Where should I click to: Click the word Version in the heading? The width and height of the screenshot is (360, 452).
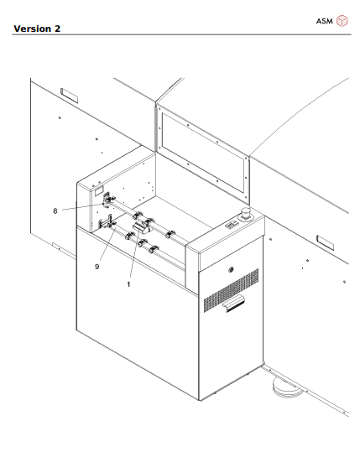32,29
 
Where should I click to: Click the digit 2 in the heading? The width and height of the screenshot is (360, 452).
57,29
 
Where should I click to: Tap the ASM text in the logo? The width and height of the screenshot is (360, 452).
324,21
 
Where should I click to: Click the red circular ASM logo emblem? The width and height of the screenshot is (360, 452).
342,21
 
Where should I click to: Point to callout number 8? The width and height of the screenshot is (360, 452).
55,211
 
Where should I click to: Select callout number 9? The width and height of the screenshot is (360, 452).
97,267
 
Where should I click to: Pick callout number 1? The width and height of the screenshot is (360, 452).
128,284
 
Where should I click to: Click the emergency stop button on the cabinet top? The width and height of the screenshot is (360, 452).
246,214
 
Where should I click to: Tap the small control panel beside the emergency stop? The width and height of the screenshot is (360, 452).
232,225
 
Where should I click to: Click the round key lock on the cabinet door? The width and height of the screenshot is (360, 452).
231,270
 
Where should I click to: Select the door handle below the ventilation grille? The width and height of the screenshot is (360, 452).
234,304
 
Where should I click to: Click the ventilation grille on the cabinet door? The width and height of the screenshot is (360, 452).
231,290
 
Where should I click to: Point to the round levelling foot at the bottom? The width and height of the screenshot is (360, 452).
287,388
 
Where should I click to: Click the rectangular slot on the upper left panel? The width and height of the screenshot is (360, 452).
69,96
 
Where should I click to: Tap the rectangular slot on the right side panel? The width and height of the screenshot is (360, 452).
326,242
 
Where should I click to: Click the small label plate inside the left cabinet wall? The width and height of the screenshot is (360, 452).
99,190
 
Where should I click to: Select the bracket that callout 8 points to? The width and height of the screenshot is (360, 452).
107,200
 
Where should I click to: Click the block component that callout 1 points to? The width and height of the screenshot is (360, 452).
141,226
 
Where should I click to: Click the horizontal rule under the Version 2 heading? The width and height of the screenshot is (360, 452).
182,35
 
